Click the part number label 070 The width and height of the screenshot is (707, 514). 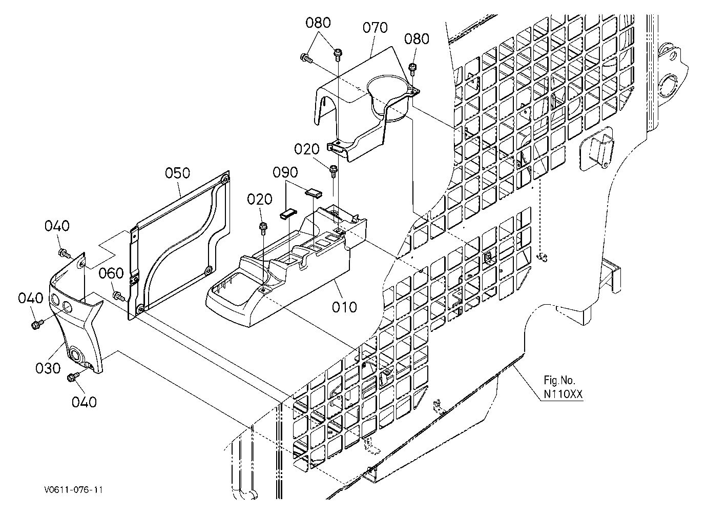click(375, 28)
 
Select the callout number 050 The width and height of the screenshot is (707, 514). click(178, 173)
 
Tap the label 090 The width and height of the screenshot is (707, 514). click(285, 172)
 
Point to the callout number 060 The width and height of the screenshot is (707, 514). click(111, 273)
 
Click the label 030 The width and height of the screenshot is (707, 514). click(48, 368)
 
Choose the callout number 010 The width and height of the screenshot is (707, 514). click(344, 307)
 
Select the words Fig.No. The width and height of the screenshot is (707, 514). click(559, 380)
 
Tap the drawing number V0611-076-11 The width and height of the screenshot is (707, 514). click(74, 490)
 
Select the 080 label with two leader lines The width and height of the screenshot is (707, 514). click(318, 23)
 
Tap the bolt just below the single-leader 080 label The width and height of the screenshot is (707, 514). click(412, 69)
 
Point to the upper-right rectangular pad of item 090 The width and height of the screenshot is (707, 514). click(314, 192)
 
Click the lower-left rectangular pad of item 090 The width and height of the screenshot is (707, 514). click(288, 213)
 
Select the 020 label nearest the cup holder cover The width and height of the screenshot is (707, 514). click(307, 149)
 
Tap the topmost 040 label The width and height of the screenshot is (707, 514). click(57, 226)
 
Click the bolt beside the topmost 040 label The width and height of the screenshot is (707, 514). click(65, 252)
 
